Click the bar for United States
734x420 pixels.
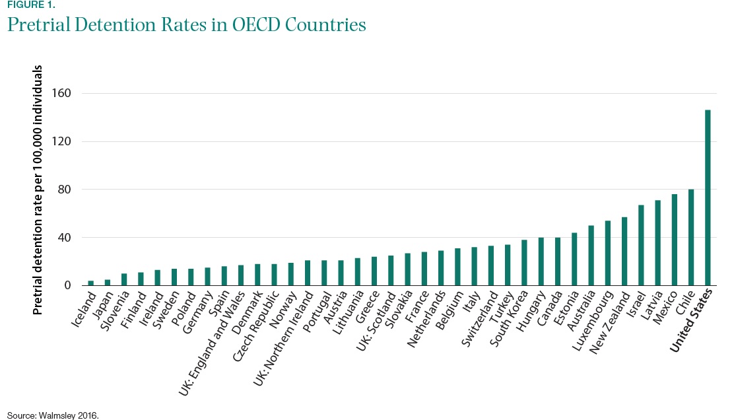pyautogui.click(x=708, y=197)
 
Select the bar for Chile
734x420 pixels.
pyautogui.click(x=691, y=238)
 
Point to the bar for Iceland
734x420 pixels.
pyautogui.click(x=91, y=283)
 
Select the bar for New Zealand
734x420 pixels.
pyautogui.click(x=624, y=252)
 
